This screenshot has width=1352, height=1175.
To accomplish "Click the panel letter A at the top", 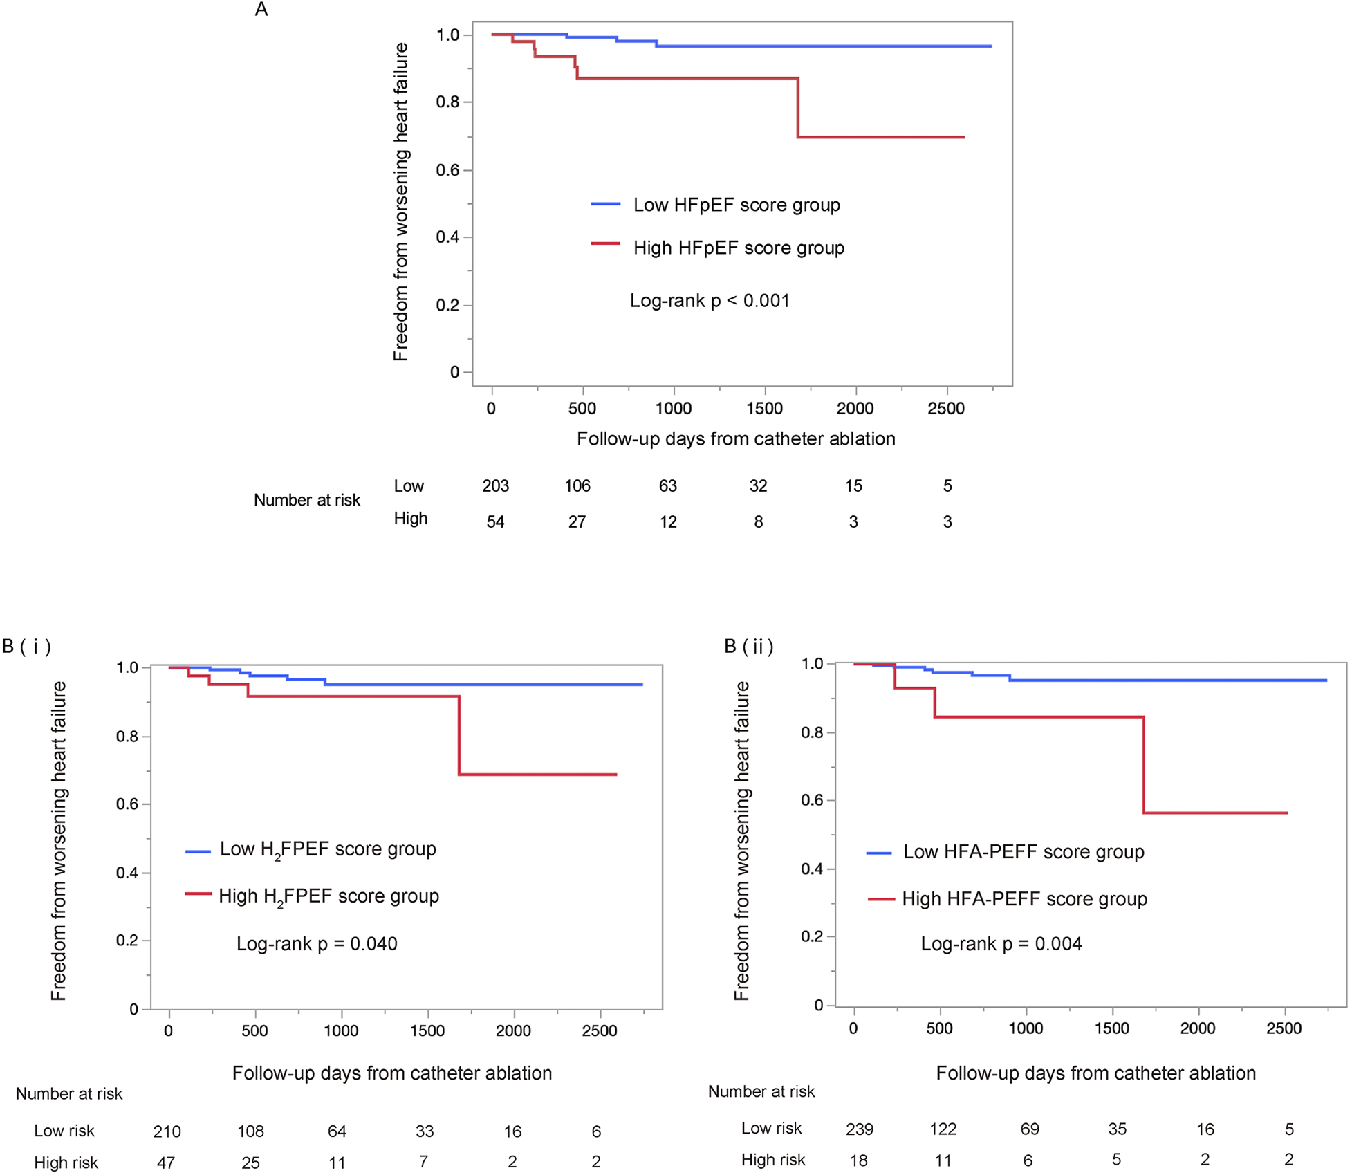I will (x=261, y=10).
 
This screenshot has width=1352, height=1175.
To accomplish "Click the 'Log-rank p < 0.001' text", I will (x=710, y=301).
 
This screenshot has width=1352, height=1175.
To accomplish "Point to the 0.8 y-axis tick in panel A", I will (x=447, y=102).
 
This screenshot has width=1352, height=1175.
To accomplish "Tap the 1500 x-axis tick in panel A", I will (x=764, y=409).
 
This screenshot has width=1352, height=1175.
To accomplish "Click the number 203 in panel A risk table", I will (x=495, y=486).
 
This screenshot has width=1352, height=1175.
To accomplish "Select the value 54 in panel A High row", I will (x=495, y=522).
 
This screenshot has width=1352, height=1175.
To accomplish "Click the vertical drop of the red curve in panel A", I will (x=797, y=108).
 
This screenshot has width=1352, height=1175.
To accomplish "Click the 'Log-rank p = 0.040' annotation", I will (x=317, y=944).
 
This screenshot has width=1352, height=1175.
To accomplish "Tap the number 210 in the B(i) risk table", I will (x=167, y=1131).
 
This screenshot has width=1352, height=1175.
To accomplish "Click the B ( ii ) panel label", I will (x=748, y=647).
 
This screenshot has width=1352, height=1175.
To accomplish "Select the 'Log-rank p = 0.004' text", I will (x=1001, y=944).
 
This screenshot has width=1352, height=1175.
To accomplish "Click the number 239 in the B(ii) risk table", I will (x=859, y=1129).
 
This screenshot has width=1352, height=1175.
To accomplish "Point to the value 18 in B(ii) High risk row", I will (x=858, y=1160).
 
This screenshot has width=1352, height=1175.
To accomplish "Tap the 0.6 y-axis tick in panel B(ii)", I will (x=812, y=800).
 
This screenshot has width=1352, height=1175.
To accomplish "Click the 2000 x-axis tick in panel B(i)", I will (x=512, y=1031).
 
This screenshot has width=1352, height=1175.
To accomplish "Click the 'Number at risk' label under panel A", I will (x=306, y=501).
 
